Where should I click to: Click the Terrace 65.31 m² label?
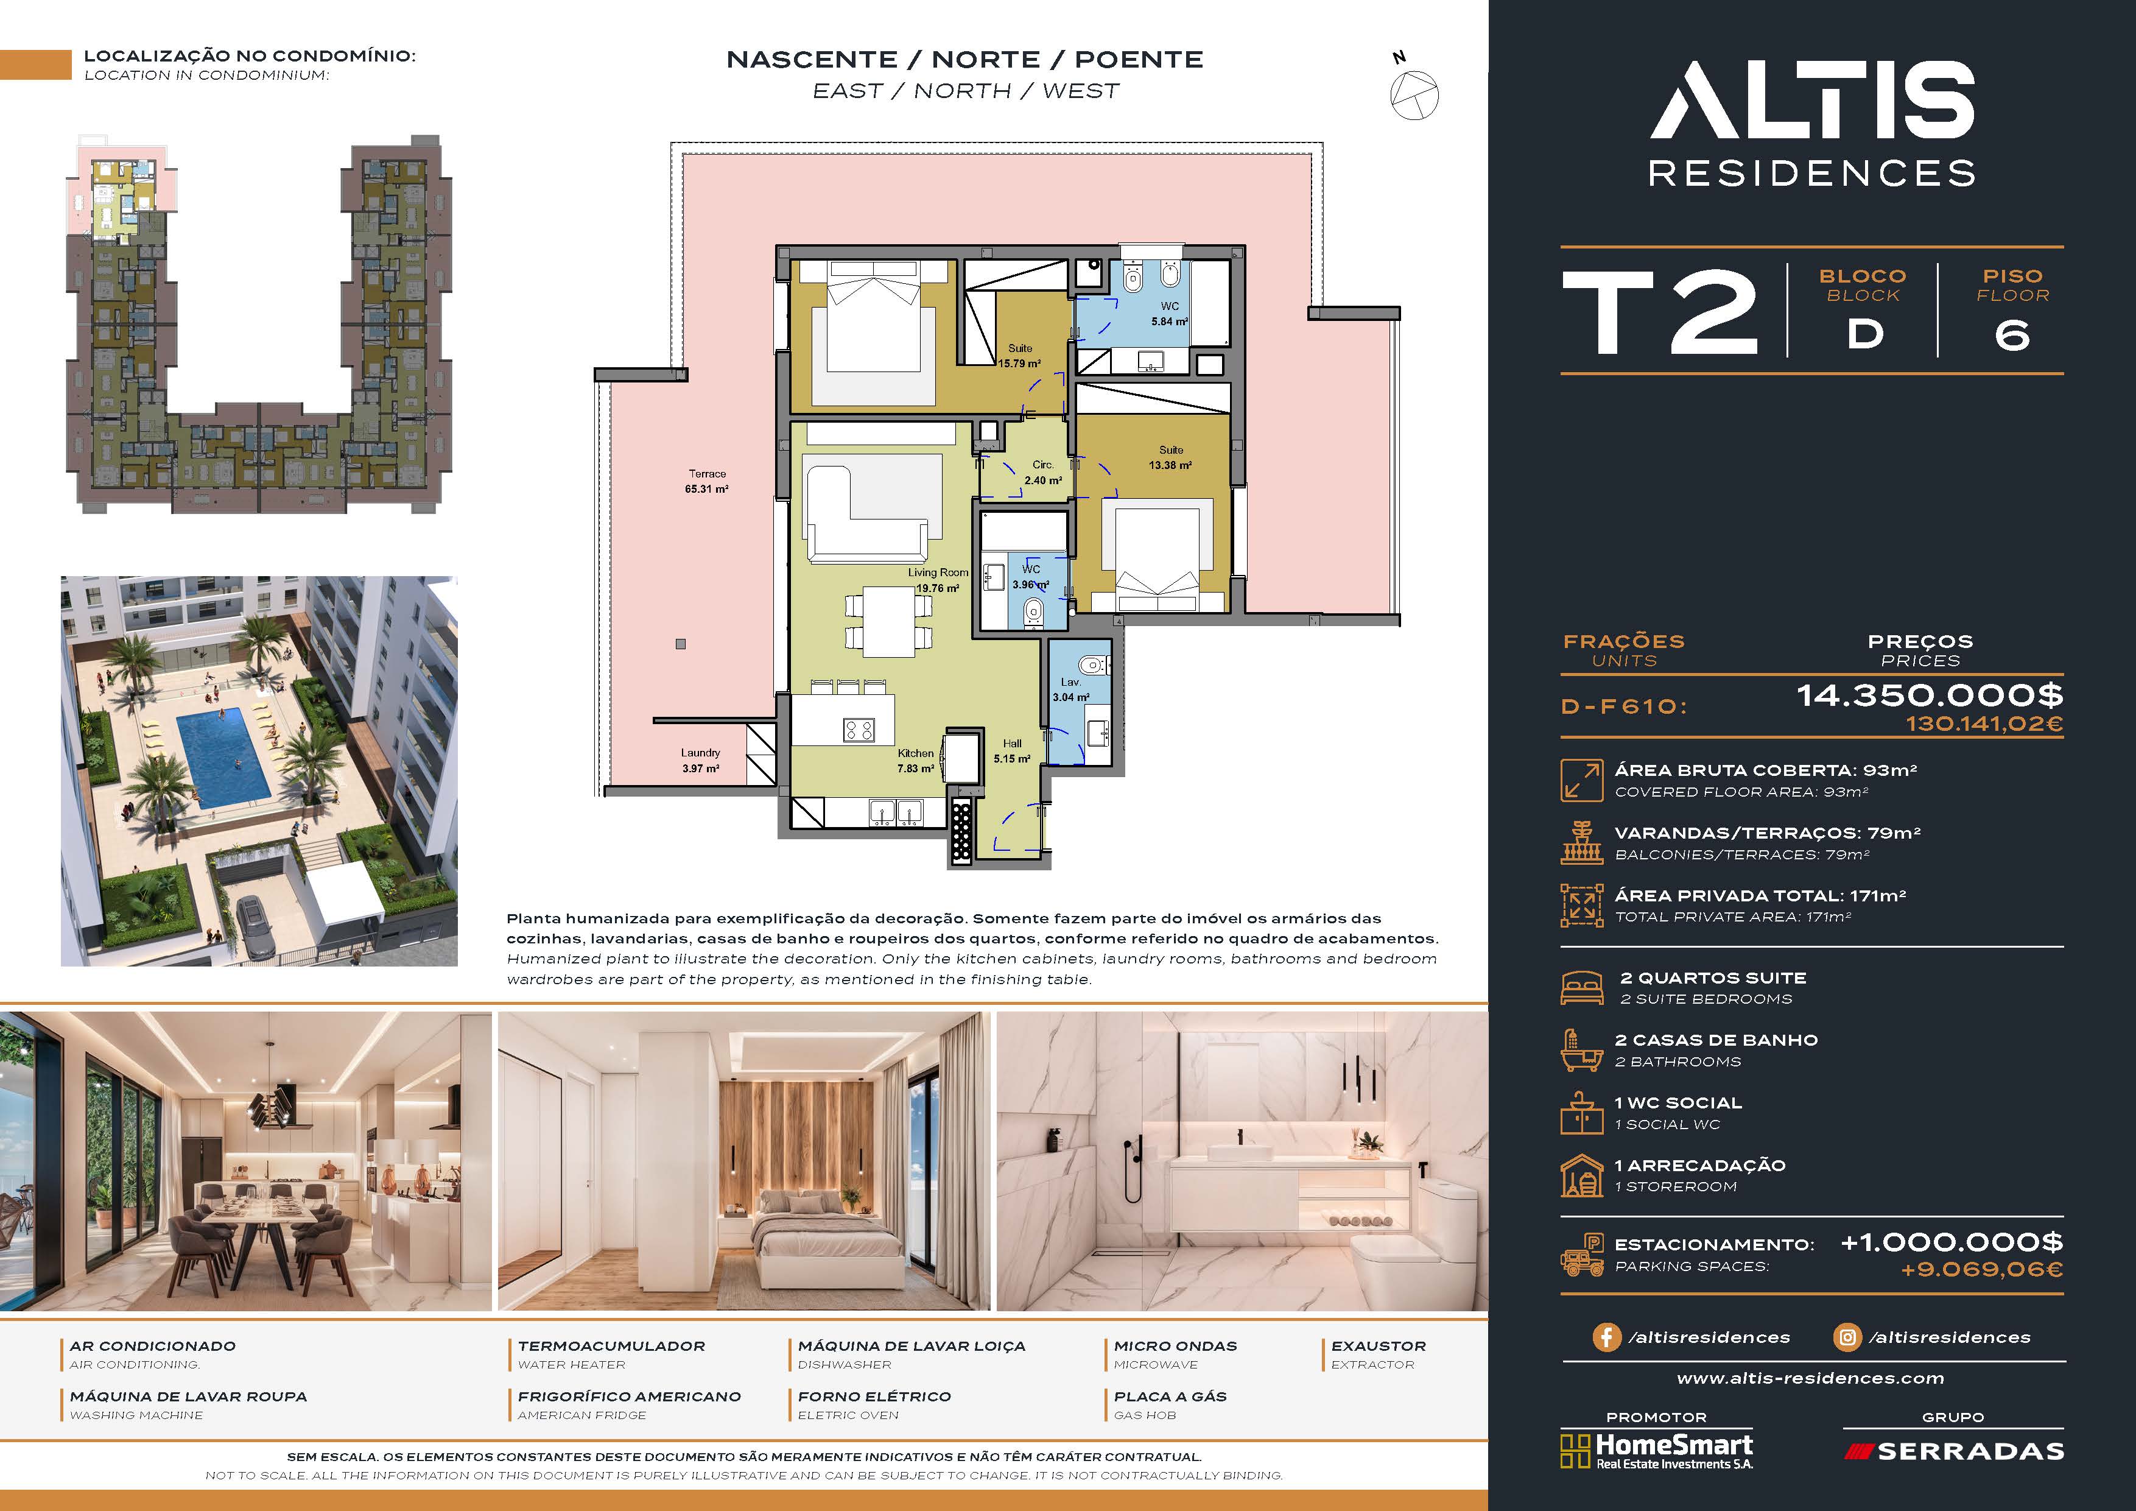coord(707,481)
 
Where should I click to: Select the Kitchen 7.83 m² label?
coord(915,761)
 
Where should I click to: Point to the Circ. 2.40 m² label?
coord(1043,473)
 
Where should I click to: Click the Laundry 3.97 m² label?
coord(700,760)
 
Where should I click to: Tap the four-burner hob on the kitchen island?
coord(858,730)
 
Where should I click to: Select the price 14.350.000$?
coord(1930,695)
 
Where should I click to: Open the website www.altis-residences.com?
coord(1810,1378)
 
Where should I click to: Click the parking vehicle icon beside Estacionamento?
coord(1581,1254)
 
